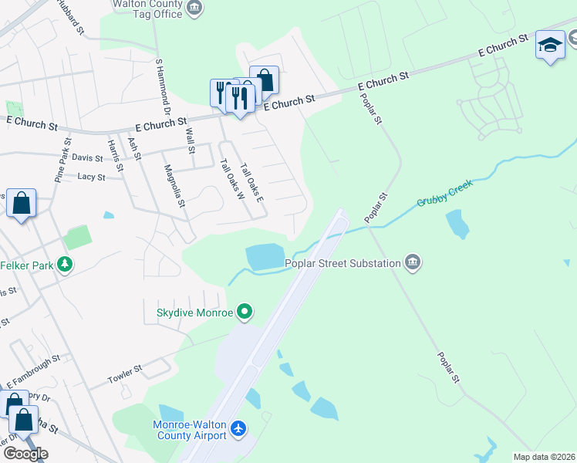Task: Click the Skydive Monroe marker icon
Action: pyautogui.click(x=245, y=313)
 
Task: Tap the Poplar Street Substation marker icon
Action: pyautogui.click(x=413, y=263)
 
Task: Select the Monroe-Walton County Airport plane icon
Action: pyautogui.click(x=238, y=428)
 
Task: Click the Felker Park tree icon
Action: pyautogui.click(x=66, y=265)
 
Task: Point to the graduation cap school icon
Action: pyautogui.click(x=550, y=46)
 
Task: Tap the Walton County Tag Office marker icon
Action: pyautogui.click(x=194, y=9)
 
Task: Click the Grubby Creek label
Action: pyautogui.click(x=444, y=194)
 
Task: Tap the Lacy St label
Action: pyautogui.click(x=91, y=177)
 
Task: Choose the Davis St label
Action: pyautogui.click(x=87, y=157)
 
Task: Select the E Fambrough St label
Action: pyautogui.click(x=33, y=372)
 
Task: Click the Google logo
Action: pyautogui.click(x=25, y=454)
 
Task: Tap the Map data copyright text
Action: pyautogui.click(x=545, y=457)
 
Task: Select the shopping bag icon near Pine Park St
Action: pyautogui.click(x=21, y=204)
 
